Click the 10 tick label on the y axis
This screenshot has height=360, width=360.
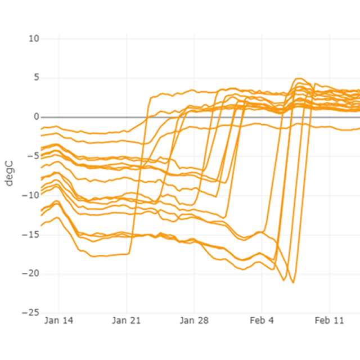34,38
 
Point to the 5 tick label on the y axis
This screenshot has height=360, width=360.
36,78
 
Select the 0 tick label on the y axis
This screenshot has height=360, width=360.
36,117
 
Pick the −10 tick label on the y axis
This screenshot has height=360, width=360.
31,195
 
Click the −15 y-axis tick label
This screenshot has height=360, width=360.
31,234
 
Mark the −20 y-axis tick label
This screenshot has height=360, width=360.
31,273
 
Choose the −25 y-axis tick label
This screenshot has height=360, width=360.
31,312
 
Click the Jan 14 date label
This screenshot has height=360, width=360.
59,321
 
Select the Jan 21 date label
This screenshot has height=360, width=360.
127,321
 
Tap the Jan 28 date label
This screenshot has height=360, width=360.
194,321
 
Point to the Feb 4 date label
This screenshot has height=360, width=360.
262,321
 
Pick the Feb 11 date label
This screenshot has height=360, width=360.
330,321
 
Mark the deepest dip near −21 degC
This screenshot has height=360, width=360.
293,282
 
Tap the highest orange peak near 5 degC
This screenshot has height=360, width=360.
299,79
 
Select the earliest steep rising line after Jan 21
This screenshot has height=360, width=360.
140,169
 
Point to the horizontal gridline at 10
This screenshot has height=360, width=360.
197,39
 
